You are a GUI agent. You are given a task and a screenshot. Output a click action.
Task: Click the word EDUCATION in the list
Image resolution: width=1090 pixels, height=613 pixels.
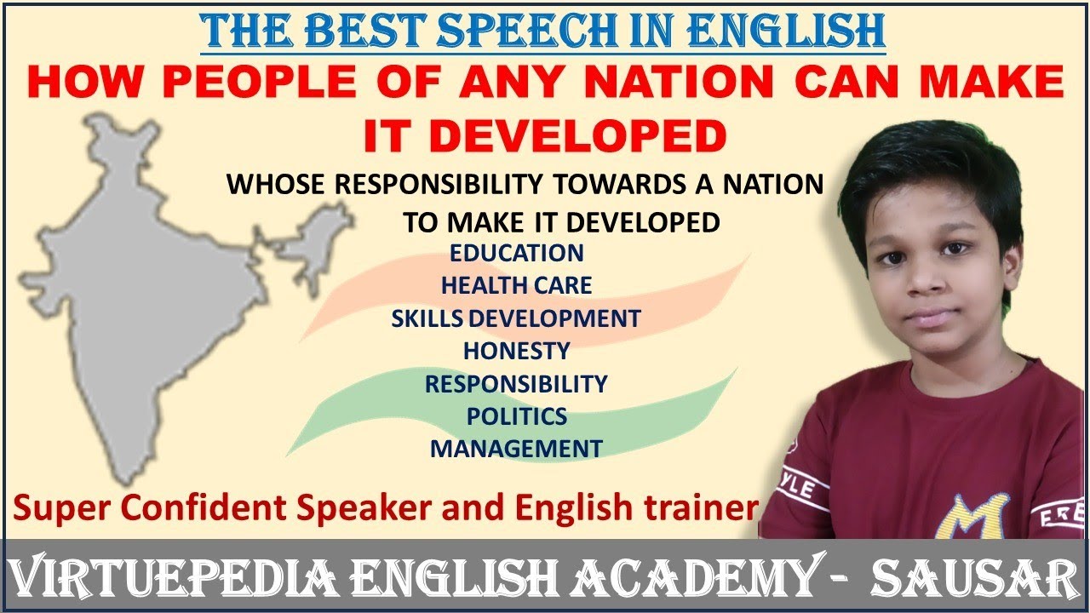517,253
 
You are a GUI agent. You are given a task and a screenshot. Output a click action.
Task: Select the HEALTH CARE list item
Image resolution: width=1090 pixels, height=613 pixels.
516,285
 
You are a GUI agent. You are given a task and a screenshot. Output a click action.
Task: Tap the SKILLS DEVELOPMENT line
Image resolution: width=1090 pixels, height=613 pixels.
516,318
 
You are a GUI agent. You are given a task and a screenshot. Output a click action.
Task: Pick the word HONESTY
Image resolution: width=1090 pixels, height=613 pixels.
516,350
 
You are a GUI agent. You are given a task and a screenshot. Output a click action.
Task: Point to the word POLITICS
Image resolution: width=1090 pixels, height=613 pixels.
516,416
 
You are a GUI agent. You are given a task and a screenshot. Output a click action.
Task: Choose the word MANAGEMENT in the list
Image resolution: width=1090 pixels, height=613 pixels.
516,448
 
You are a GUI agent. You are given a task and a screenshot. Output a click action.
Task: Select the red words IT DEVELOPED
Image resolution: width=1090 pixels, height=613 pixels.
545,136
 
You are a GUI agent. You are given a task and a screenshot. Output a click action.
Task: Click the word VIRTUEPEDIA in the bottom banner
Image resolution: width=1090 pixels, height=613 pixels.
184,577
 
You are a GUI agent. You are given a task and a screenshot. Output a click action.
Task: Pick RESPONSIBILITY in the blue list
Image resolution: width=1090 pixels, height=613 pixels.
516,383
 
